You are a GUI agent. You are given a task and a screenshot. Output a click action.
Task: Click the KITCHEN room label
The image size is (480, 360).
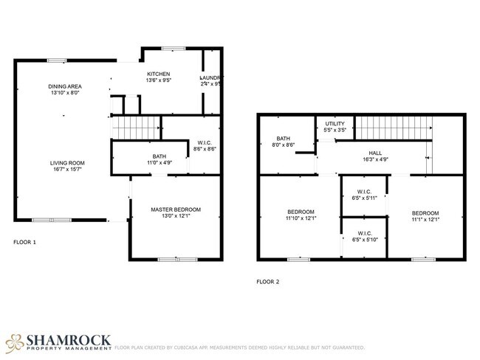(159, 75)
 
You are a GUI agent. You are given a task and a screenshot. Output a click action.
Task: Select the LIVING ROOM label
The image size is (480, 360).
(67, 163)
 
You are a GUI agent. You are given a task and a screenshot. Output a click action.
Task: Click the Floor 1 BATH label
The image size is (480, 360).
(159, 156)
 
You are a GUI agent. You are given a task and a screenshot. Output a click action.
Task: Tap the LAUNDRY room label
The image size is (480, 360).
(211, 78)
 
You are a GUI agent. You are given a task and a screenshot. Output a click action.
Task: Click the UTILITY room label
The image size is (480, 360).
(335, 124)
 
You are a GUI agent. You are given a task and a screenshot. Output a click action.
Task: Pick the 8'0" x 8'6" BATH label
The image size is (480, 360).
(284, 139)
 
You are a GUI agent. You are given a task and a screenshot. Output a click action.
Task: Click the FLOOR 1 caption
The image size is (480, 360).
(24, 242)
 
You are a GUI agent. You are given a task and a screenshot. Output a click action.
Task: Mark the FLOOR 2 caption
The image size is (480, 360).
(267, 281)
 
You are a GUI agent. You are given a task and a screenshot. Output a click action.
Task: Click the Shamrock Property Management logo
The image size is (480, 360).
(59, 342)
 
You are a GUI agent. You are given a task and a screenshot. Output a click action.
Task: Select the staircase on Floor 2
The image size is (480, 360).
(393, 127)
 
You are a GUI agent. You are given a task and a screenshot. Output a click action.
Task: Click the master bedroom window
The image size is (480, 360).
(177, 259)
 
